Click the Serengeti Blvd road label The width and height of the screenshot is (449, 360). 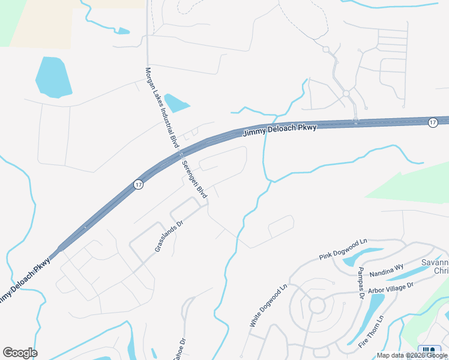click(194, 179)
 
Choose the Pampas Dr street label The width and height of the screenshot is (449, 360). click(361, 283)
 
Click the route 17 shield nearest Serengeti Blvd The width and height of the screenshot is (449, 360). click(139, 184)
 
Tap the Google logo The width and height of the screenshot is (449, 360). click(20, 353)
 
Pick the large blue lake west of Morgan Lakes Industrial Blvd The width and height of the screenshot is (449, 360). click(53, 77)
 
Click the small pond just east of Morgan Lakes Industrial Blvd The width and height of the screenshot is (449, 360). click(176, 103)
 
